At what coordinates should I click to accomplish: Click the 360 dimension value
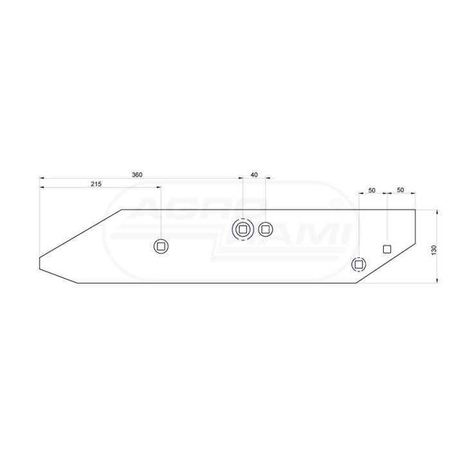pos(137,175)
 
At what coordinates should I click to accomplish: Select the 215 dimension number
pos(96,185)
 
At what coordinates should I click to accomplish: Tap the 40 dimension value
pos(254,175)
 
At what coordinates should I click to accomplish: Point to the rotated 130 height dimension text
pos(434,250)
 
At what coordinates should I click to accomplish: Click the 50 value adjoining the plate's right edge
pos(400,190)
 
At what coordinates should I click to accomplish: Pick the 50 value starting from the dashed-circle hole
pos(372,190)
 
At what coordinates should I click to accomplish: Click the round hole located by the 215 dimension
pos(161,246)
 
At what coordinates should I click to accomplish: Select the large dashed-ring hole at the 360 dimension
pos(242,229)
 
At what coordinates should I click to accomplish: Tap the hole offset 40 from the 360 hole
pos(266,229)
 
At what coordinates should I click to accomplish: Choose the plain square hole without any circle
pos(387,250)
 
